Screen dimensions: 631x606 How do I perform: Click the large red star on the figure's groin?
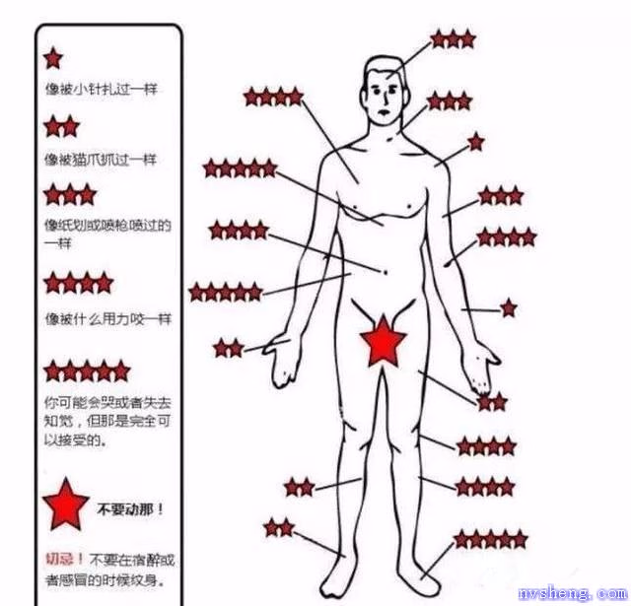coord(383,343)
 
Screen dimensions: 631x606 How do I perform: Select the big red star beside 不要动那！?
coord(66,505)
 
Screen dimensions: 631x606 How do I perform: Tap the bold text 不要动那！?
coord(130,509)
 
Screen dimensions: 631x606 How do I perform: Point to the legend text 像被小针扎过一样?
coord(101,89)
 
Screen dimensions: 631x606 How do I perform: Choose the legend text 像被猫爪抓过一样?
coord(101,160)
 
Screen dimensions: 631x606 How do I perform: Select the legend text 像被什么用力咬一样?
coord(107,319)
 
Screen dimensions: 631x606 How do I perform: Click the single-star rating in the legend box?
coord(53,58)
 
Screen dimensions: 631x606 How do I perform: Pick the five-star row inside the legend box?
coord(87,370)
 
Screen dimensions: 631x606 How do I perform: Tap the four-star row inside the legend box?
coord(79,283)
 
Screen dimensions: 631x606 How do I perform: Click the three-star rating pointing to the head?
coord(454,39)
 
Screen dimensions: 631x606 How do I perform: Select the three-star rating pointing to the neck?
coord(450,101)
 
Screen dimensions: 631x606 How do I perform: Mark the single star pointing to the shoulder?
coord(476,142)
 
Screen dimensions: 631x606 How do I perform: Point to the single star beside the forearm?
coord(509,308)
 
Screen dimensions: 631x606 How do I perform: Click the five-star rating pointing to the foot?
coord(491,539)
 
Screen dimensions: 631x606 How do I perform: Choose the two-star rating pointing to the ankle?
coord(279,527)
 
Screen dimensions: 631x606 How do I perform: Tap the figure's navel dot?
coord(386,272)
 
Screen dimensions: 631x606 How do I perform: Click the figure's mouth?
coord(384,111)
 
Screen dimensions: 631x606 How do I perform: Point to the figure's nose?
coord(386,99)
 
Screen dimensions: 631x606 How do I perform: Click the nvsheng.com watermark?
coord(574,593)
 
